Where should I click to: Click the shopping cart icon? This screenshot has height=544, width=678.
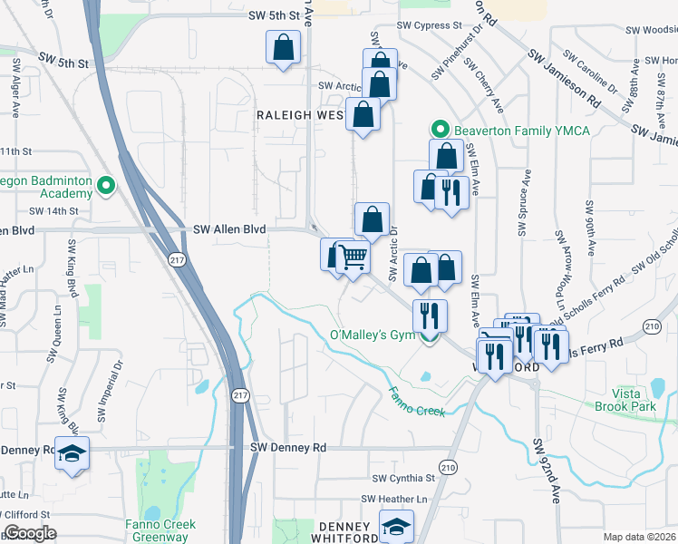click(354, 257)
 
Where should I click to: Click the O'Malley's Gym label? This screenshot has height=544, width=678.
click(372, 335)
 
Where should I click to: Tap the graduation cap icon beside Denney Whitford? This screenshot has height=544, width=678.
click(396, 526)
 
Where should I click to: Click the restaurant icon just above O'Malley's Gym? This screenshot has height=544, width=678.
click(429, 315)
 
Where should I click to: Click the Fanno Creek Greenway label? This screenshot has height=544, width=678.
click(158, 530)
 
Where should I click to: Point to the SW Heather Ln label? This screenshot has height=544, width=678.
click(394, 500)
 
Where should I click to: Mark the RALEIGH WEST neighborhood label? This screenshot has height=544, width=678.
click(299, 115)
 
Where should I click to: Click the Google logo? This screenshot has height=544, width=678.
click(30, 533)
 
